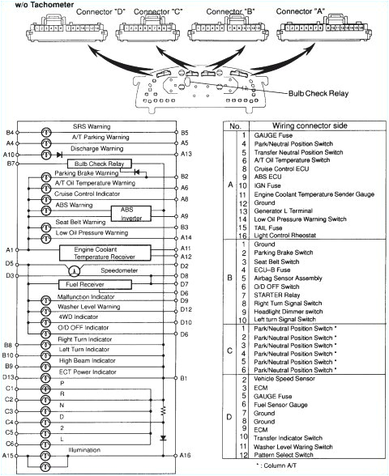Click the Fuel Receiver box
coord(85,284)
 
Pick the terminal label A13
coord(186,154)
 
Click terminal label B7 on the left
coord(11,164)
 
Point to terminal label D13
coord(10,378)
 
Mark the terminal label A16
coord(186,456)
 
